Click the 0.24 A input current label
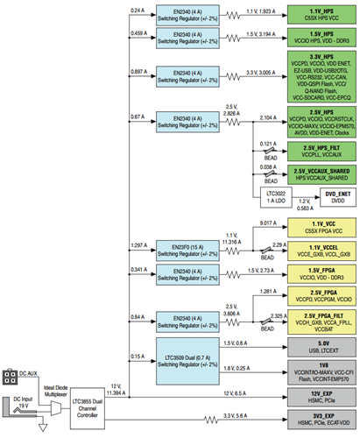138,11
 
